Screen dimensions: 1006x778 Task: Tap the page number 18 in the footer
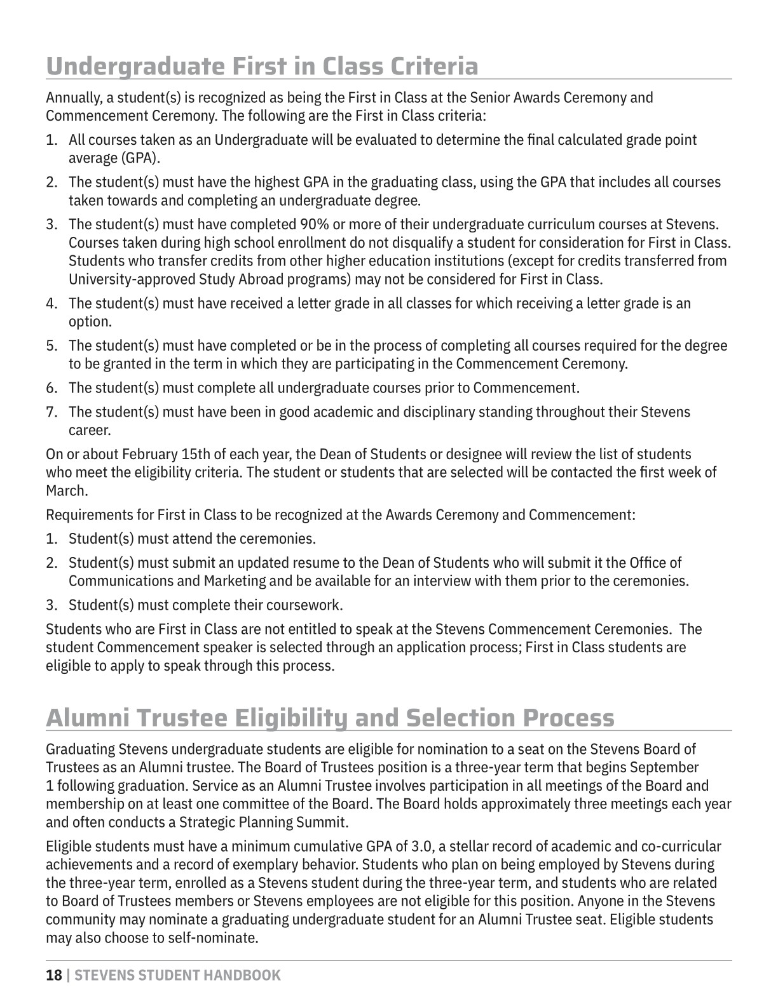pos(54,976)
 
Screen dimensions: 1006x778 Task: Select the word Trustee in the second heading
pos(181,718)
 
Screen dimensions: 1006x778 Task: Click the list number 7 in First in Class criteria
pos(51,412)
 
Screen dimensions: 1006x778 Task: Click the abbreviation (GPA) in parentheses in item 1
pos(139,158)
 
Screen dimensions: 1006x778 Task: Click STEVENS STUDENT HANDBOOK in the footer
pos(177,976)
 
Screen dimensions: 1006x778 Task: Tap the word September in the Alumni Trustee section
pos(667,767)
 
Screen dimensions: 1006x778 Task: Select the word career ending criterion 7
pos(90,430)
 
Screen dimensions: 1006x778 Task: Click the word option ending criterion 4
pos(90,321)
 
